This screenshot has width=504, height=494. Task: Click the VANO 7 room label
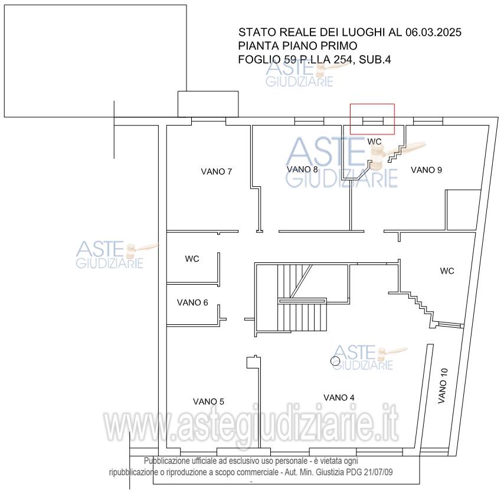pos(217,172)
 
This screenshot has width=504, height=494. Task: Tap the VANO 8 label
pos(302,169)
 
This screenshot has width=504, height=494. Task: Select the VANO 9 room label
pos(426,170)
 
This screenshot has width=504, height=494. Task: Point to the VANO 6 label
pos(192,302)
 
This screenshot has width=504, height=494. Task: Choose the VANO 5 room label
pos(208,401)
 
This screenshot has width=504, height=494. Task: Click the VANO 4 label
pos(339,398)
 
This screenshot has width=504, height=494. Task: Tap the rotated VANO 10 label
pos(443,386)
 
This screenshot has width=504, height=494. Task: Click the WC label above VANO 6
pos(192,259)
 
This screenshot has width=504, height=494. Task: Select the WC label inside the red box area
pos(375,141)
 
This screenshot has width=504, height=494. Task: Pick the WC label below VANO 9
pos(447,271)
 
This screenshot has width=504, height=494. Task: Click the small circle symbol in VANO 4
pos(335,361)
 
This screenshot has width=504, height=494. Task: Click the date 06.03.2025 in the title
pos(433,32)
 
